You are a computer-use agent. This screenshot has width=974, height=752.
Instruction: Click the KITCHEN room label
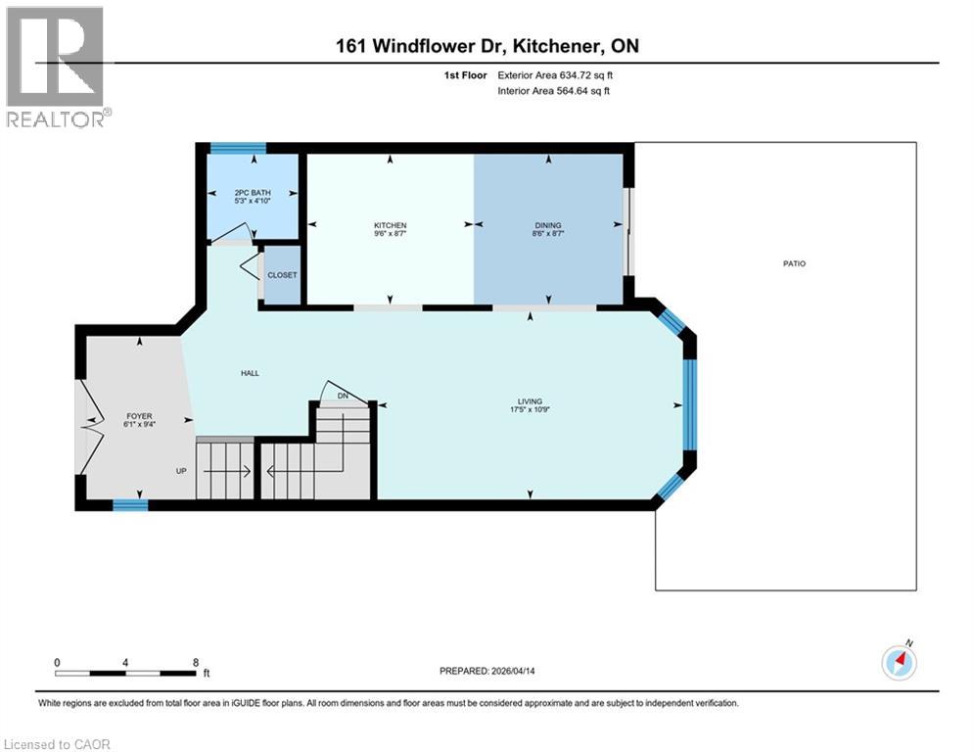point(390,225)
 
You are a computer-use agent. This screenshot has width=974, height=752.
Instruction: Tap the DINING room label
point(547,225)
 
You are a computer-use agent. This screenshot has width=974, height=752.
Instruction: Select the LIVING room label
point(530,399)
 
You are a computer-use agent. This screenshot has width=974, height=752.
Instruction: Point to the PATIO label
point(794,263)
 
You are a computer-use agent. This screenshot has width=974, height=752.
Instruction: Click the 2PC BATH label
point(253,192)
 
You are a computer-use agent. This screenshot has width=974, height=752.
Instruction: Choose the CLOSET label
point(282,275)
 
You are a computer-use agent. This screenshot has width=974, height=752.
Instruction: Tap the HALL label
point(251,373)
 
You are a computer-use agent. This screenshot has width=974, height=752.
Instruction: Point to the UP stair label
point(181,471)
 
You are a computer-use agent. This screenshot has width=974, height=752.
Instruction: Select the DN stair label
point(343,395)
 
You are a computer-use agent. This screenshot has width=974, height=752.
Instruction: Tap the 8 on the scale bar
point(196,662)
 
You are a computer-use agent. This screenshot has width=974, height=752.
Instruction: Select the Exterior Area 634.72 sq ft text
point(555,74)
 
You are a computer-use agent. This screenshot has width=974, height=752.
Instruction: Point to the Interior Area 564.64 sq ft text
point(554,91)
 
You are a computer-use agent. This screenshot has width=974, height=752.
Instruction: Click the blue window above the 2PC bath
point(238,149)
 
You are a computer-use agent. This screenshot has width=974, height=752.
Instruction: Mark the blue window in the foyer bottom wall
point(130,505)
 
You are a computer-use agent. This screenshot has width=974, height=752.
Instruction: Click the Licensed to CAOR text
point(57,744)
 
